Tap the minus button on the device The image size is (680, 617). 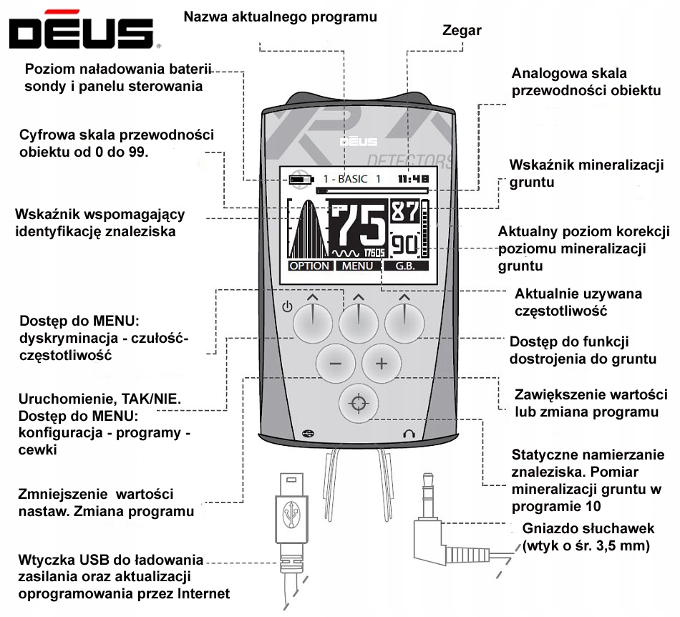tap(335, 364)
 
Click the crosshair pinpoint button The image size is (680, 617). tap(359, 403)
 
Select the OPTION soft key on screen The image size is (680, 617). tap(310, 266)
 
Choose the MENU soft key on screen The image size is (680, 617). tap(357, 266)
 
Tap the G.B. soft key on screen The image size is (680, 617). tap(405, 266)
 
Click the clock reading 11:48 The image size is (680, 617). tap(413, 179)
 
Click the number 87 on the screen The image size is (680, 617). tap(405, 212)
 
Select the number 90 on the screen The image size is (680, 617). tap(405, 245)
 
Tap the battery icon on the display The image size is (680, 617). tap(301, 179)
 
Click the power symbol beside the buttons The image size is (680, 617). tap(287, 307)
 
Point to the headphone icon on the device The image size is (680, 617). tap(409, 434)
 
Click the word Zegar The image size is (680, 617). tap(462, 30)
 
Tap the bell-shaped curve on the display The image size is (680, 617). tap(309, 229)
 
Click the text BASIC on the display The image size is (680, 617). tap(353, 179)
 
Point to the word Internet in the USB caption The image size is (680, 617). tap(203, 593)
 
